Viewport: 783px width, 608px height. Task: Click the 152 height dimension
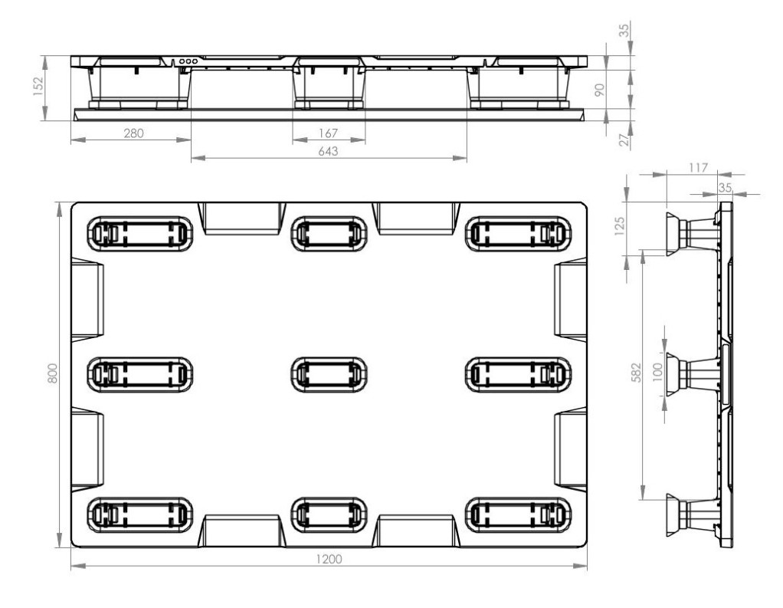[x=39, y=86]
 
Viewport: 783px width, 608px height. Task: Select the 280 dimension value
[x=133, y=133]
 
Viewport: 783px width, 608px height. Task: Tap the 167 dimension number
[x=328, y=133]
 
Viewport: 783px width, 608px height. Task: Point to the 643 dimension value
[x=328, y=151]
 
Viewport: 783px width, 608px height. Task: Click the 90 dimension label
[x=600, y=90]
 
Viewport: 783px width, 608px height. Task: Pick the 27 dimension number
[x=624, y=140]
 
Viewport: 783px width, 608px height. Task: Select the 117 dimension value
[x=698, y=168]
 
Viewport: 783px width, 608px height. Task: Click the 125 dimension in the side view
[x=619, y=226]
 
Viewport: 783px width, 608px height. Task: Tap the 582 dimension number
[x=636, y=373]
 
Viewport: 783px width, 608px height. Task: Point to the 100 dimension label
[x=657, y=372]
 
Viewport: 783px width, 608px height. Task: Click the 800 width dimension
[x=52, y=373]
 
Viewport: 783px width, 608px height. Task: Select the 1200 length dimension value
[x=329, y=559]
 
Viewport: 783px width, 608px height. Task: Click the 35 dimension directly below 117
[x=725, y=187]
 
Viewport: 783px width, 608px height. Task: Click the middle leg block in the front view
[x=329, y=83]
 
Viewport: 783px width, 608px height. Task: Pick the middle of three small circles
[x=188, y=61]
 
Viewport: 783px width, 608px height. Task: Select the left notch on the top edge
[x=241, y=219]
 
